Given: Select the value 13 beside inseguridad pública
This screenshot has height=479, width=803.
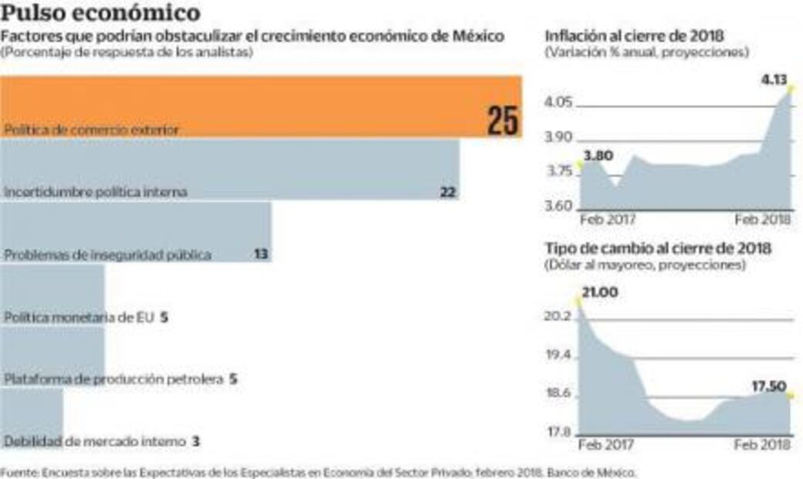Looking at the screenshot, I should tap(262, 254).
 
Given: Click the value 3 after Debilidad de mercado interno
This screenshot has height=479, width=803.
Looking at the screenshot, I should tap(196, 442).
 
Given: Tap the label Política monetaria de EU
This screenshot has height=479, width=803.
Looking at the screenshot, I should tap(80, 318).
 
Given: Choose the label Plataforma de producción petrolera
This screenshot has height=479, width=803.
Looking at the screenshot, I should tap(114, 379).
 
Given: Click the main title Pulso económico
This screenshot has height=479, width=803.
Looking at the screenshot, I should tap(100, 13).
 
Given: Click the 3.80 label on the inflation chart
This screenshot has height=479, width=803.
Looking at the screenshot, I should tap(598, 155).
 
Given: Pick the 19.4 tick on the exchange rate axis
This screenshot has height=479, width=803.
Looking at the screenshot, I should tap(558, 356).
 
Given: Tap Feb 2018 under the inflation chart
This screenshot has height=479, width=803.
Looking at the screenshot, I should tap(763, 219).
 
